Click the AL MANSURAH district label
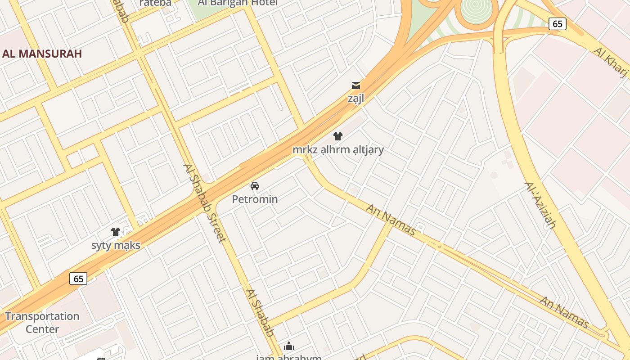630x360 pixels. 42,54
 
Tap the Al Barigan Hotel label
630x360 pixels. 238,3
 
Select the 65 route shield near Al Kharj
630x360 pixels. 557,24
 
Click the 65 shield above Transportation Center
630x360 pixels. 78,279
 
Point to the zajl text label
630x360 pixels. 355,98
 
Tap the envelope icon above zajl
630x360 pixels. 356,85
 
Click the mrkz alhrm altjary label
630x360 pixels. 338,149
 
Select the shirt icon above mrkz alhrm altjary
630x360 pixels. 338,136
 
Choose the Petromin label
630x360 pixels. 255,199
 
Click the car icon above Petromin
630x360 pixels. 255,186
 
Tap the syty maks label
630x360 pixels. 116,245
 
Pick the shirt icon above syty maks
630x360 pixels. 116,232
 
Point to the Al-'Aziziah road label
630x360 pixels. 540,206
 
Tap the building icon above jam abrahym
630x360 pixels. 289,346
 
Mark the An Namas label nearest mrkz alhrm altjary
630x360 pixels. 391,220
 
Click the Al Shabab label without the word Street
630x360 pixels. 260,313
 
